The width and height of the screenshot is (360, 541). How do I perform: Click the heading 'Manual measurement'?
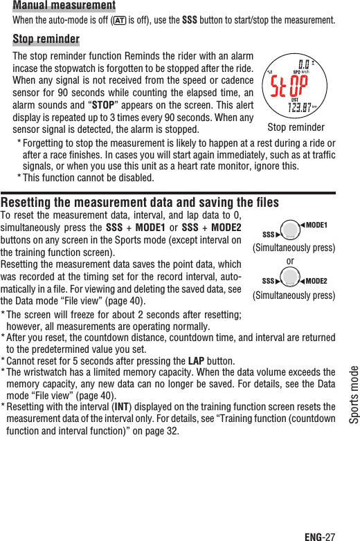click(x=64, y=6)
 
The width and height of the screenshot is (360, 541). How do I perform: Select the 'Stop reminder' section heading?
click(x=46, y=39)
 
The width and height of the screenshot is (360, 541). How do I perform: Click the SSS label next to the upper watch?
click(x=270, y=235)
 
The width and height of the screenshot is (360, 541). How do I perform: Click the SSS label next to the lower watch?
click(x=270, y=282)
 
